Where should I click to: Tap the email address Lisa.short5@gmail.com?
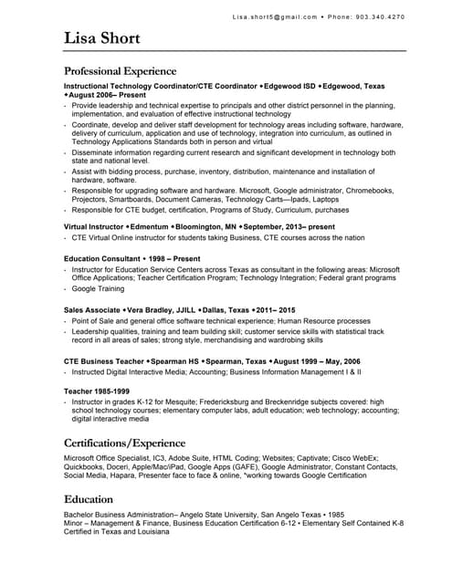pyautogui.click(x=275, y=16)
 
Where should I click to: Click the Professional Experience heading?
pyautogui.click(x=120, y=70)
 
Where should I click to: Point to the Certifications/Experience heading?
pyautogui.click(x=124, y=443)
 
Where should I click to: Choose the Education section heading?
pyautogui.click(x=89, y=499)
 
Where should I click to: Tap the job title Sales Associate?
pyautogui.click(x=91, y=310)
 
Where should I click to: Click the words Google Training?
pyautogui.click(x=98, y=288)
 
